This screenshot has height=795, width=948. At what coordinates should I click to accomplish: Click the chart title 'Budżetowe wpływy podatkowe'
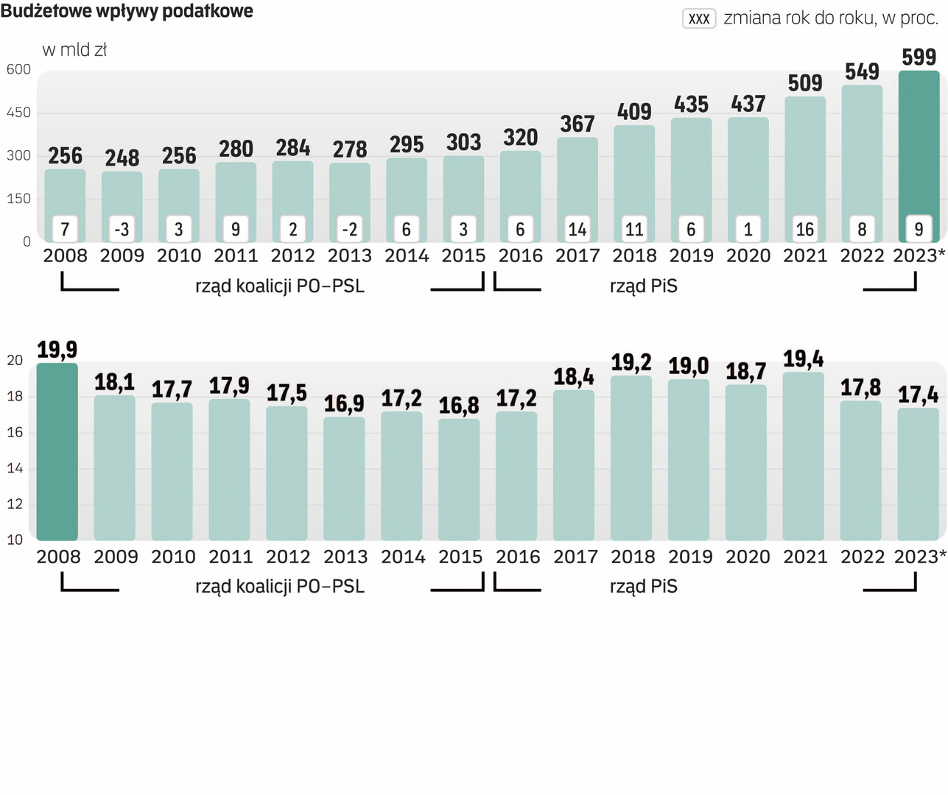click(x=127, y=11)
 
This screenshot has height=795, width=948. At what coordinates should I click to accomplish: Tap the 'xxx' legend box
click(x=699, y=18)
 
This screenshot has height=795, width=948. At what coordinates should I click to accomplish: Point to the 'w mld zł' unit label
click(x=74, y=50)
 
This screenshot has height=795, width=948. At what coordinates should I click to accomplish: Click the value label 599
click(x=919, y=57)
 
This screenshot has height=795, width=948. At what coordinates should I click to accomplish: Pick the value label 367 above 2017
click(x=577, y=124)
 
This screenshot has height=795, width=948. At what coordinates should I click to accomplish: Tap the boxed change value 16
click(x=804, y=230)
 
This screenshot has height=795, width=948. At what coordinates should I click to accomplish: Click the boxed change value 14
click(x=577, y=230)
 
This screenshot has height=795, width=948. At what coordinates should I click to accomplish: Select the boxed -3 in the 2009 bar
click(x=122, y=230)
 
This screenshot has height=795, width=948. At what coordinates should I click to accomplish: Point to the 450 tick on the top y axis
click(x=18, y=113)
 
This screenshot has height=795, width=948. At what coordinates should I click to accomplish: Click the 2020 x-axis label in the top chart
click(x=748, y=256)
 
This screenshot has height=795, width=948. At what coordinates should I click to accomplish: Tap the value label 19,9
click(x=57, y=350)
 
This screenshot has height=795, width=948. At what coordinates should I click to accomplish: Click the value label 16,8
click(x=459, y=406)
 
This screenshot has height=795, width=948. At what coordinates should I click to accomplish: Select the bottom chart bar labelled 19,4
click(x=803, y=456)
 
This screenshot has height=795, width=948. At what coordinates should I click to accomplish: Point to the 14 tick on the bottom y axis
click(x=15, y=468)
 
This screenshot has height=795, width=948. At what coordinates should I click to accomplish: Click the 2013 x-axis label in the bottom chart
click(x=345, y=557)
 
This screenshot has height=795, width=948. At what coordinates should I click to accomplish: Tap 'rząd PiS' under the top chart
click(x=643, y=286)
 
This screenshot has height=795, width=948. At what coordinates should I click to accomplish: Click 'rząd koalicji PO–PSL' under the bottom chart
click(x=280, y=587)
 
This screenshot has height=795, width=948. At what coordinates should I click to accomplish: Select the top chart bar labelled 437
click(x=748, y=180)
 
